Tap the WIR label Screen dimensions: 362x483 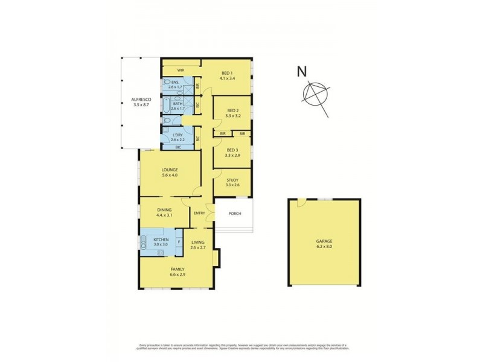(180, 71)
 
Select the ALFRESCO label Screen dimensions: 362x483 (140, 100)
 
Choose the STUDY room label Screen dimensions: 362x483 (232, 179)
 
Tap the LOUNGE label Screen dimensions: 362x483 (169, 170)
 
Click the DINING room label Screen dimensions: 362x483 (164, 210)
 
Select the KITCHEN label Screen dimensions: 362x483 (160, 240)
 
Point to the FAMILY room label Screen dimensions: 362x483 (178, 268)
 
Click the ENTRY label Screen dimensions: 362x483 (199, 213)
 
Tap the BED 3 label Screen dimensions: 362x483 (232, 150)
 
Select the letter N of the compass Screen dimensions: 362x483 (301, 72)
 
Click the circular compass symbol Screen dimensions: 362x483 (316, 95)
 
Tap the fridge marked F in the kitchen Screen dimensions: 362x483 (179, 243)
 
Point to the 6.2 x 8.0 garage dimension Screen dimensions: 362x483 (324, 247)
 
